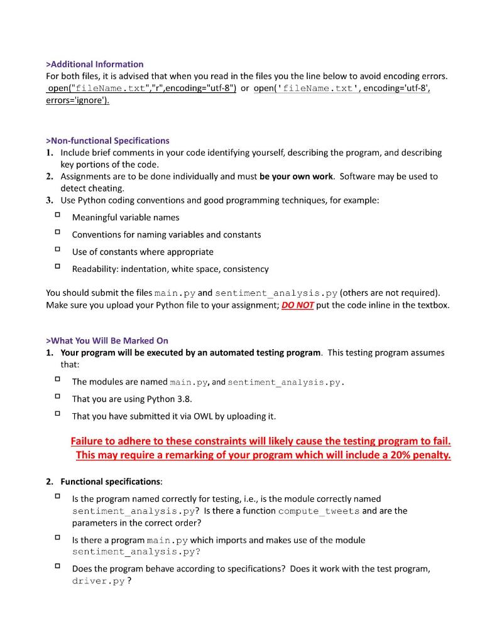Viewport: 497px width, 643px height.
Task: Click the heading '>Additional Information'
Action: click(x=95, y=64)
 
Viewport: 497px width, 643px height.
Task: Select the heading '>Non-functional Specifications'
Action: click(x=107, y=141)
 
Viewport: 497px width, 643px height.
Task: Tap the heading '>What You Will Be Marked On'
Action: click(x=107, y=340)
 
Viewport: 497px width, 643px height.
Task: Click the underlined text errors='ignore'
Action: click(x=77, y=100)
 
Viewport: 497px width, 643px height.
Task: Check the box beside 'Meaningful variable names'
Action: click(x=57, y=215)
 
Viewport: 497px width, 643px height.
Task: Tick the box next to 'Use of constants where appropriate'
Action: click(x=57, y=250)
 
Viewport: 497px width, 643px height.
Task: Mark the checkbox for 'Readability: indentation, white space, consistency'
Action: click(x=57, y=267)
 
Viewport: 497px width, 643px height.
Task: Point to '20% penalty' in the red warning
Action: click(x=423, y=455)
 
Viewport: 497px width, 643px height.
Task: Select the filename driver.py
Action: click(x=98, y=581)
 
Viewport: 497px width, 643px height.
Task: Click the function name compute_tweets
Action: click(x=319, y=511)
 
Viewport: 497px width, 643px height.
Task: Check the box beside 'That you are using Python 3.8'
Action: click(x=57, y=397)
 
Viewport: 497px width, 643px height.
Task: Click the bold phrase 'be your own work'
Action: click(x=296, y=176)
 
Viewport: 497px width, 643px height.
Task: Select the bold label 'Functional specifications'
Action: click(x=111, y=482)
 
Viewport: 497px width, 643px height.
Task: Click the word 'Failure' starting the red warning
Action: click(x=88, y=441)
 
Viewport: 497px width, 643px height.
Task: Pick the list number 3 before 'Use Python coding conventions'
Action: click(x=49, y=200)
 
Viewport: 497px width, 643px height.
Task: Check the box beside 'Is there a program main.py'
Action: click(x=57, y=538)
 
